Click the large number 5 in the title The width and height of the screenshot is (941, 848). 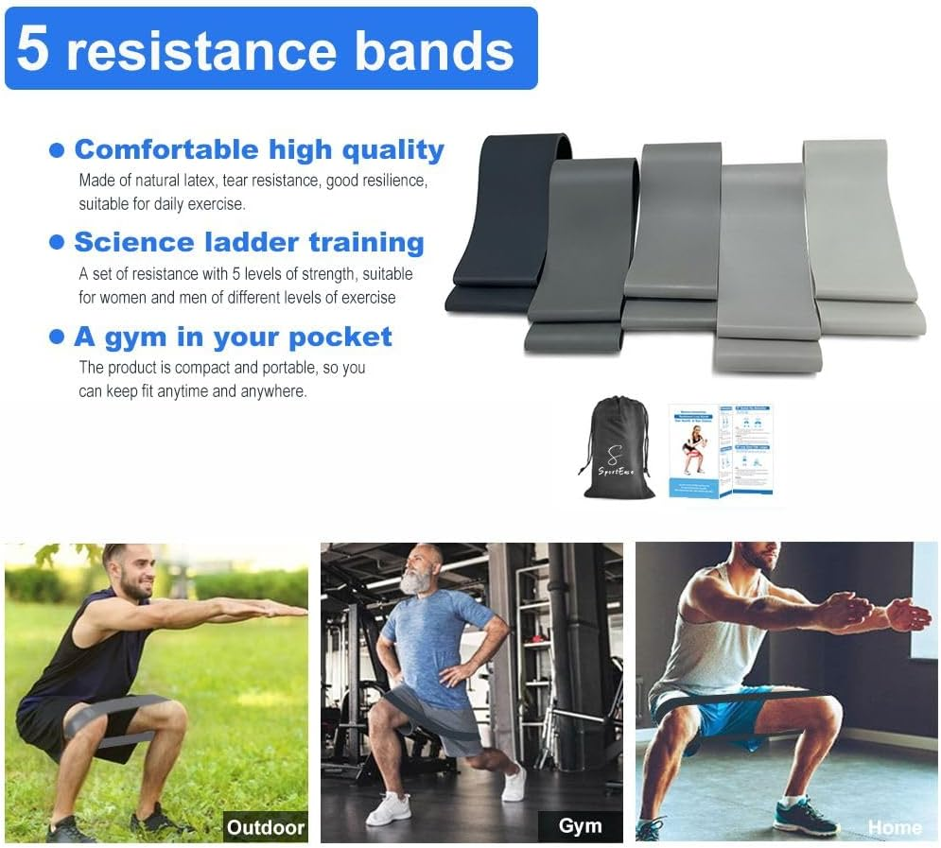point(32,49)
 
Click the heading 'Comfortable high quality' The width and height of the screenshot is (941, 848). point(258,149)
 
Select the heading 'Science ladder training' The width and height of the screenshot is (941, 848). point(249,242)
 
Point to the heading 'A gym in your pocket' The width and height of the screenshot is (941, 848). point(233,337)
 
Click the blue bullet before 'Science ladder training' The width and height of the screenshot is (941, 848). point(58,243)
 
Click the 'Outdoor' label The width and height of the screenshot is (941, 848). point(266,828)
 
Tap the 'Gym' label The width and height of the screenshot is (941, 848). point(580,826)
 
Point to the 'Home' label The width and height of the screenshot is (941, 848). point(894,827)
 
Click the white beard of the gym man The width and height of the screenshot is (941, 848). point(415,581)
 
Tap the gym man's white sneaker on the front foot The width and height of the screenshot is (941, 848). point(389,808)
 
